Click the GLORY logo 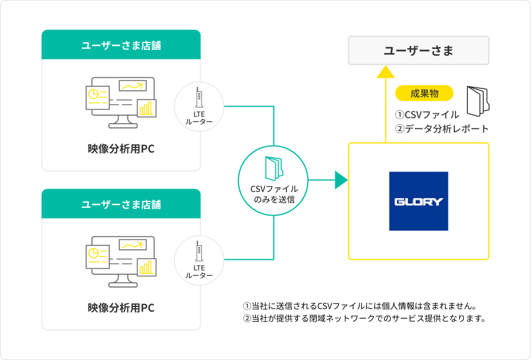click(418, 201)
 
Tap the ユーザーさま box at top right click(418, 51)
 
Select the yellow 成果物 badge click(424, 93)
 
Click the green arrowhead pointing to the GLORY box click(341, 180)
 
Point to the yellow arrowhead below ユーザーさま click(385, 72)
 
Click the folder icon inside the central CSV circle click(274, 169)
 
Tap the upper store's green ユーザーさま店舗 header click(121, 45)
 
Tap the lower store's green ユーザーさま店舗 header click(121, 204)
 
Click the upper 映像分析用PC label click(121, 148)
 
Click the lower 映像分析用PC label click(121, 307)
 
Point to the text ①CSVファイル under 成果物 click(427, 114)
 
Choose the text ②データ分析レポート click(442, 128)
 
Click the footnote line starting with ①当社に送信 click(359, 306)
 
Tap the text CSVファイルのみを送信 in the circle click(274, 194)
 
